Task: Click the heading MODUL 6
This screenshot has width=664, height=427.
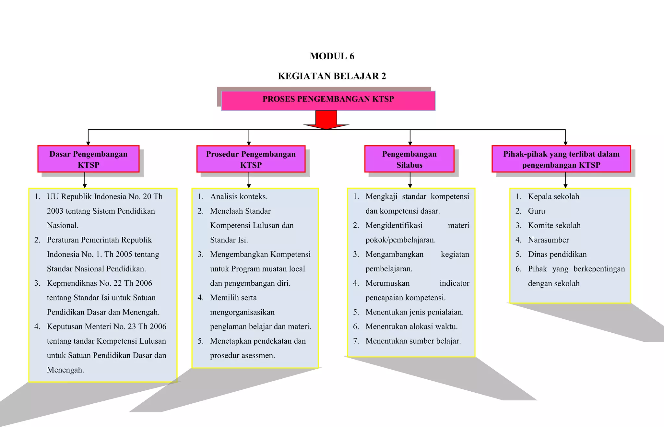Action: coord(332,56)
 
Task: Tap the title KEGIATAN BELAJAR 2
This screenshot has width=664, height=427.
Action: coord(332,76)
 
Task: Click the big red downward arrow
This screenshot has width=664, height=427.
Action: coord(326,120)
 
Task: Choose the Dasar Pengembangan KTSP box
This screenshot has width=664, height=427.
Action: coord(88,159)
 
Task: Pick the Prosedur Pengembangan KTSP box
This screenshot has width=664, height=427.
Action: coord(251,159)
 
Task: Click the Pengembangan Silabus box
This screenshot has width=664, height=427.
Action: coord(409,159)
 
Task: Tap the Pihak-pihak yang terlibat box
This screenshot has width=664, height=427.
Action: coord(561,159)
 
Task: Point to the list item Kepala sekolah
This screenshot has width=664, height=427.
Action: coord(553,196)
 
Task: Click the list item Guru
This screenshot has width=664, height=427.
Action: coord(536,211)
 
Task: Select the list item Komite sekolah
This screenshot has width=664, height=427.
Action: coord(554,225)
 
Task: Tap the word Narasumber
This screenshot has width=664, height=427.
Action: coord(548,240)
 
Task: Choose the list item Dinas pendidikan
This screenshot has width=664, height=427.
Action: coord(557,254)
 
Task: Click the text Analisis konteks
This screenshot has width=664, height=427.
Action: coord(239,196)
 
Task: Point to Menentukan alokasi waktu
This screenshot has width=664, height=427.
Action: coord(411,326)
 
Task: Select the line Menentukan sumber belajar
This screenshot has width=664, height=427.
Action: coord(413,341)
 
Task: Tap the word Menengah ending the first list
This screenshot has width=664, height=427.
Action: coord(65,370)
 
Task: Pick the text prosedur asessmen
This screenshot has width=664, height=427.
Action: coord(242,355)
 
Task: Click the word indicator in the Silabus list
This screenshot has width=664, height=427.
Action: coord(454,283)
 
